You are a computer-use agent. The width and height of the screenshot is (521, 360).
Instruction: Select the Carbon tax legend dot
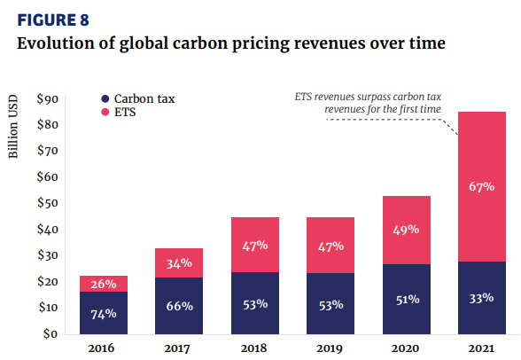pos(105,98)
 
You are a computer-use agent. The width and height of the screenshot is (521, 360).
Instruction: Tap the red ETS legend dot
pos(105,113)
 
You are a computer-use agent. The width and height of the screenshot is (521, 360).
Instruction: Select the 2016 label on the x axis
pos(103,348)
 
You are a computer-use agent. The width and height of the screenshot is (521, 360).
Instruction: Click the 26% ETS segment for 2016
pos(103,284)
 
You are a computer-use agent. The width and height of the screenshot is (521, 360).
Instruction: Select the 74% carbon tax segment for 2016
pos(103,312)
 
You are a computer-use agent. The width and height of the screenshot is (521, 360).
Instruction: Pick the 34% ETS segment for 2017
pos(178,262)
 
